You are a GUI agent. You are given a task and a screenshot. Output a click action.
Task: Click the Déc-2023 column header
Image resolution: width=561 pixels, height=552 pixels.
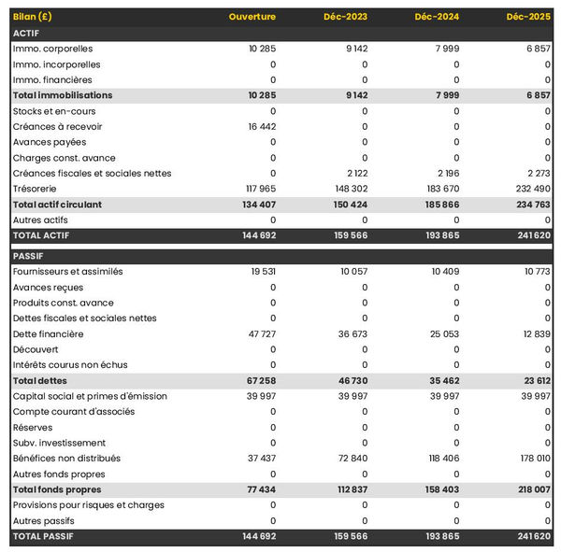(345, 17)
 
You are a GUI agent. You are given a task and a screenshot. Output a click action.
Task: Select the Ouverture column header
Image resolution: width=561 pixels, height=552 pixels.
(252, 17)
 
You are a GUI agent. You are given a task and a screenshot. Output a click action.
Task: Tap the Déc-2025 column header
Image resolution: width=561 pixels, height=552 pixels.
(528, 17)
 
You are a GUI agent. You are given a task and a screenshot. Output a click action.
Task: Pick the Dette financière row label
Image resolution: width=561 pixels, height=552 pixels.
(48, 333)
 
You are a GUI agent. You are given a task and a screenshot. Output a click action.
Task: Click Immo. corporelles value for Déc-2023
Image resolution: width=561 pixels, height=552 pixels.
(356, 49)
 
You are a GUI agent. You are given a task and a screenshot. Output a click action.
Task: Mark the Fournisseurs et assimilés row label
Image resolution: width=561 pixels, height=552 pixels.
(68, 272)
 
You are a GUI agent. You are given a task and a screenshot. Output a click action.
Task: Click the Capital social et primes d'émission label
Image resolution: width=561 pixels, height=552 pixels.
(90, 396)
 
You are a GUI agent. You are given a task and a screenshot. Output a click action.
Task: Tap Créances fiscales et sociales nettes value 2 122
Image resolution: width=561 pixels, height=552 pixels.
(356, 173)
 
